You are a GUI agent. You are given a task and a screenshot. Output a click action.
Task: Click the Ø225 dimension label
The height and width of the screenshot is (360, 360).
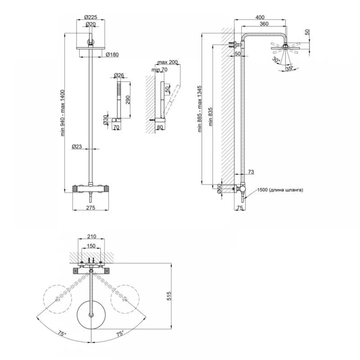click(x=91, y=17)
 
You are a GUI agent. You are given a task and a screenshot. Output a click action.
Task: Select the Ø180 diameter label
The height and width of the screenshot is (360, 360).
click(x=112, y=54)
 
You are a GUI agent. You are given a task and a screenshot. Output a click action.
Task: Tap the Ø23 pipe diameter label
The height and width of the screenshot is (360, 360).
click(x=77, y=146)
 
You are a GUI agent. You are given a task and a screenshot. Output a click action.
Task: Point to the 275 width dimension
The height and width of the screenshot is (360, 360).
click(x=91, y=208)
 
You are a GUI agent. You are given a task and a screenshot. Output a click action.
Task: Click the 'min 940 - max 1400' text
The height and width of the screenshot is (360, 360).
click(x=63, y=113)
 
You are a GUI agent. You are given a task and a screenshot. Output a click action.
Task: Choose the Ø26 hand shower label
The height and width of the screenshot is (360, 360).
click(x=119, y=75)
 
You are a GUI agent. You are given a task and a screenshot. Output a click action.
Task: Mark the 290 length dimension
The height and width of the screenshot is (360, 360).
click(x=128, y=100)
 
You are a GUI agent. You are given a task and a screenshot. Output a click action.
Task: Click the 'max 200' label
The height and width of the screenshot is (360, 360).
click(x=168, y=62)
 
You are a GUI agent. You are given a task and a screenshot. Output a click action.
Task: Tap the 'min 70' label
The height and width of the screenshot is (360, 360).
click(x=159, y=69)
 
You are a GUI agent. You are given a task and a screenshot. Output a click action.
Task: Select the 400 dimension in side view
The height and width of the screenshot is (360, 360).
click(x=260, y=17)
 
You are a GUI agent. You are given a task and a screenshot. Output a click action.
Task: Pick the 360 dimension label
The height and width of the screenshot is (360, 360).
click(x=264, y=24)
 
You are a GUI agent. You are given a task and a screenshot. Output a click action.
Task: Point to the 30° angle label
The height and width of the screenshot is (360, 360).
click(x=276, y=60)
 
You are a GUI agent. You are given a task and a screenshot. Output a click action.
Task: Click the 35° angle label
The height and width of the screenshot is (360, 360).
click(x=289, y=68)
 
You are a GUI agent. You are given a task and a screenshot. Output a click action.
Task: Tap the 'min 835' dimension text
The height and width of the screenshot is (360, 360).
click(x=211, y=117)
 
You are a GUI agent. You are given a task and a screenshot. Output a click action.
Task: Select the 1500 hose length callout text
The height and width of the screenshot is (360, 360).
click(x=280, y=190)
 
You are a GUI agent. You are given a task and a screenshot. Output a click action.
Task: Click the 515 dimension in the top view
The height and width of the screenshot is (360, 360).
click(x=169, y=296)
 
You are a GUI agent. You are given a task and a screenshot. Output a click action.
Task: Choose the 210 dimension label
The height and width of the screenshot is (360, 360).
click(x=91, y=237)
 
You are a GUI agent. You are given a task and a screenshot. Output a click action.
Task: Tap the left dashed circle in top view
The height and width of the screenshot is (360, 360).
click(x=57, y=285)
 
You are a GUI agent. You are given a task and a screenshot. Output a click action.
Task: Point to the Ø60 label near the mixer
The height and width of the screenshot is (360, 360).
click(x=219, y=189)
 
